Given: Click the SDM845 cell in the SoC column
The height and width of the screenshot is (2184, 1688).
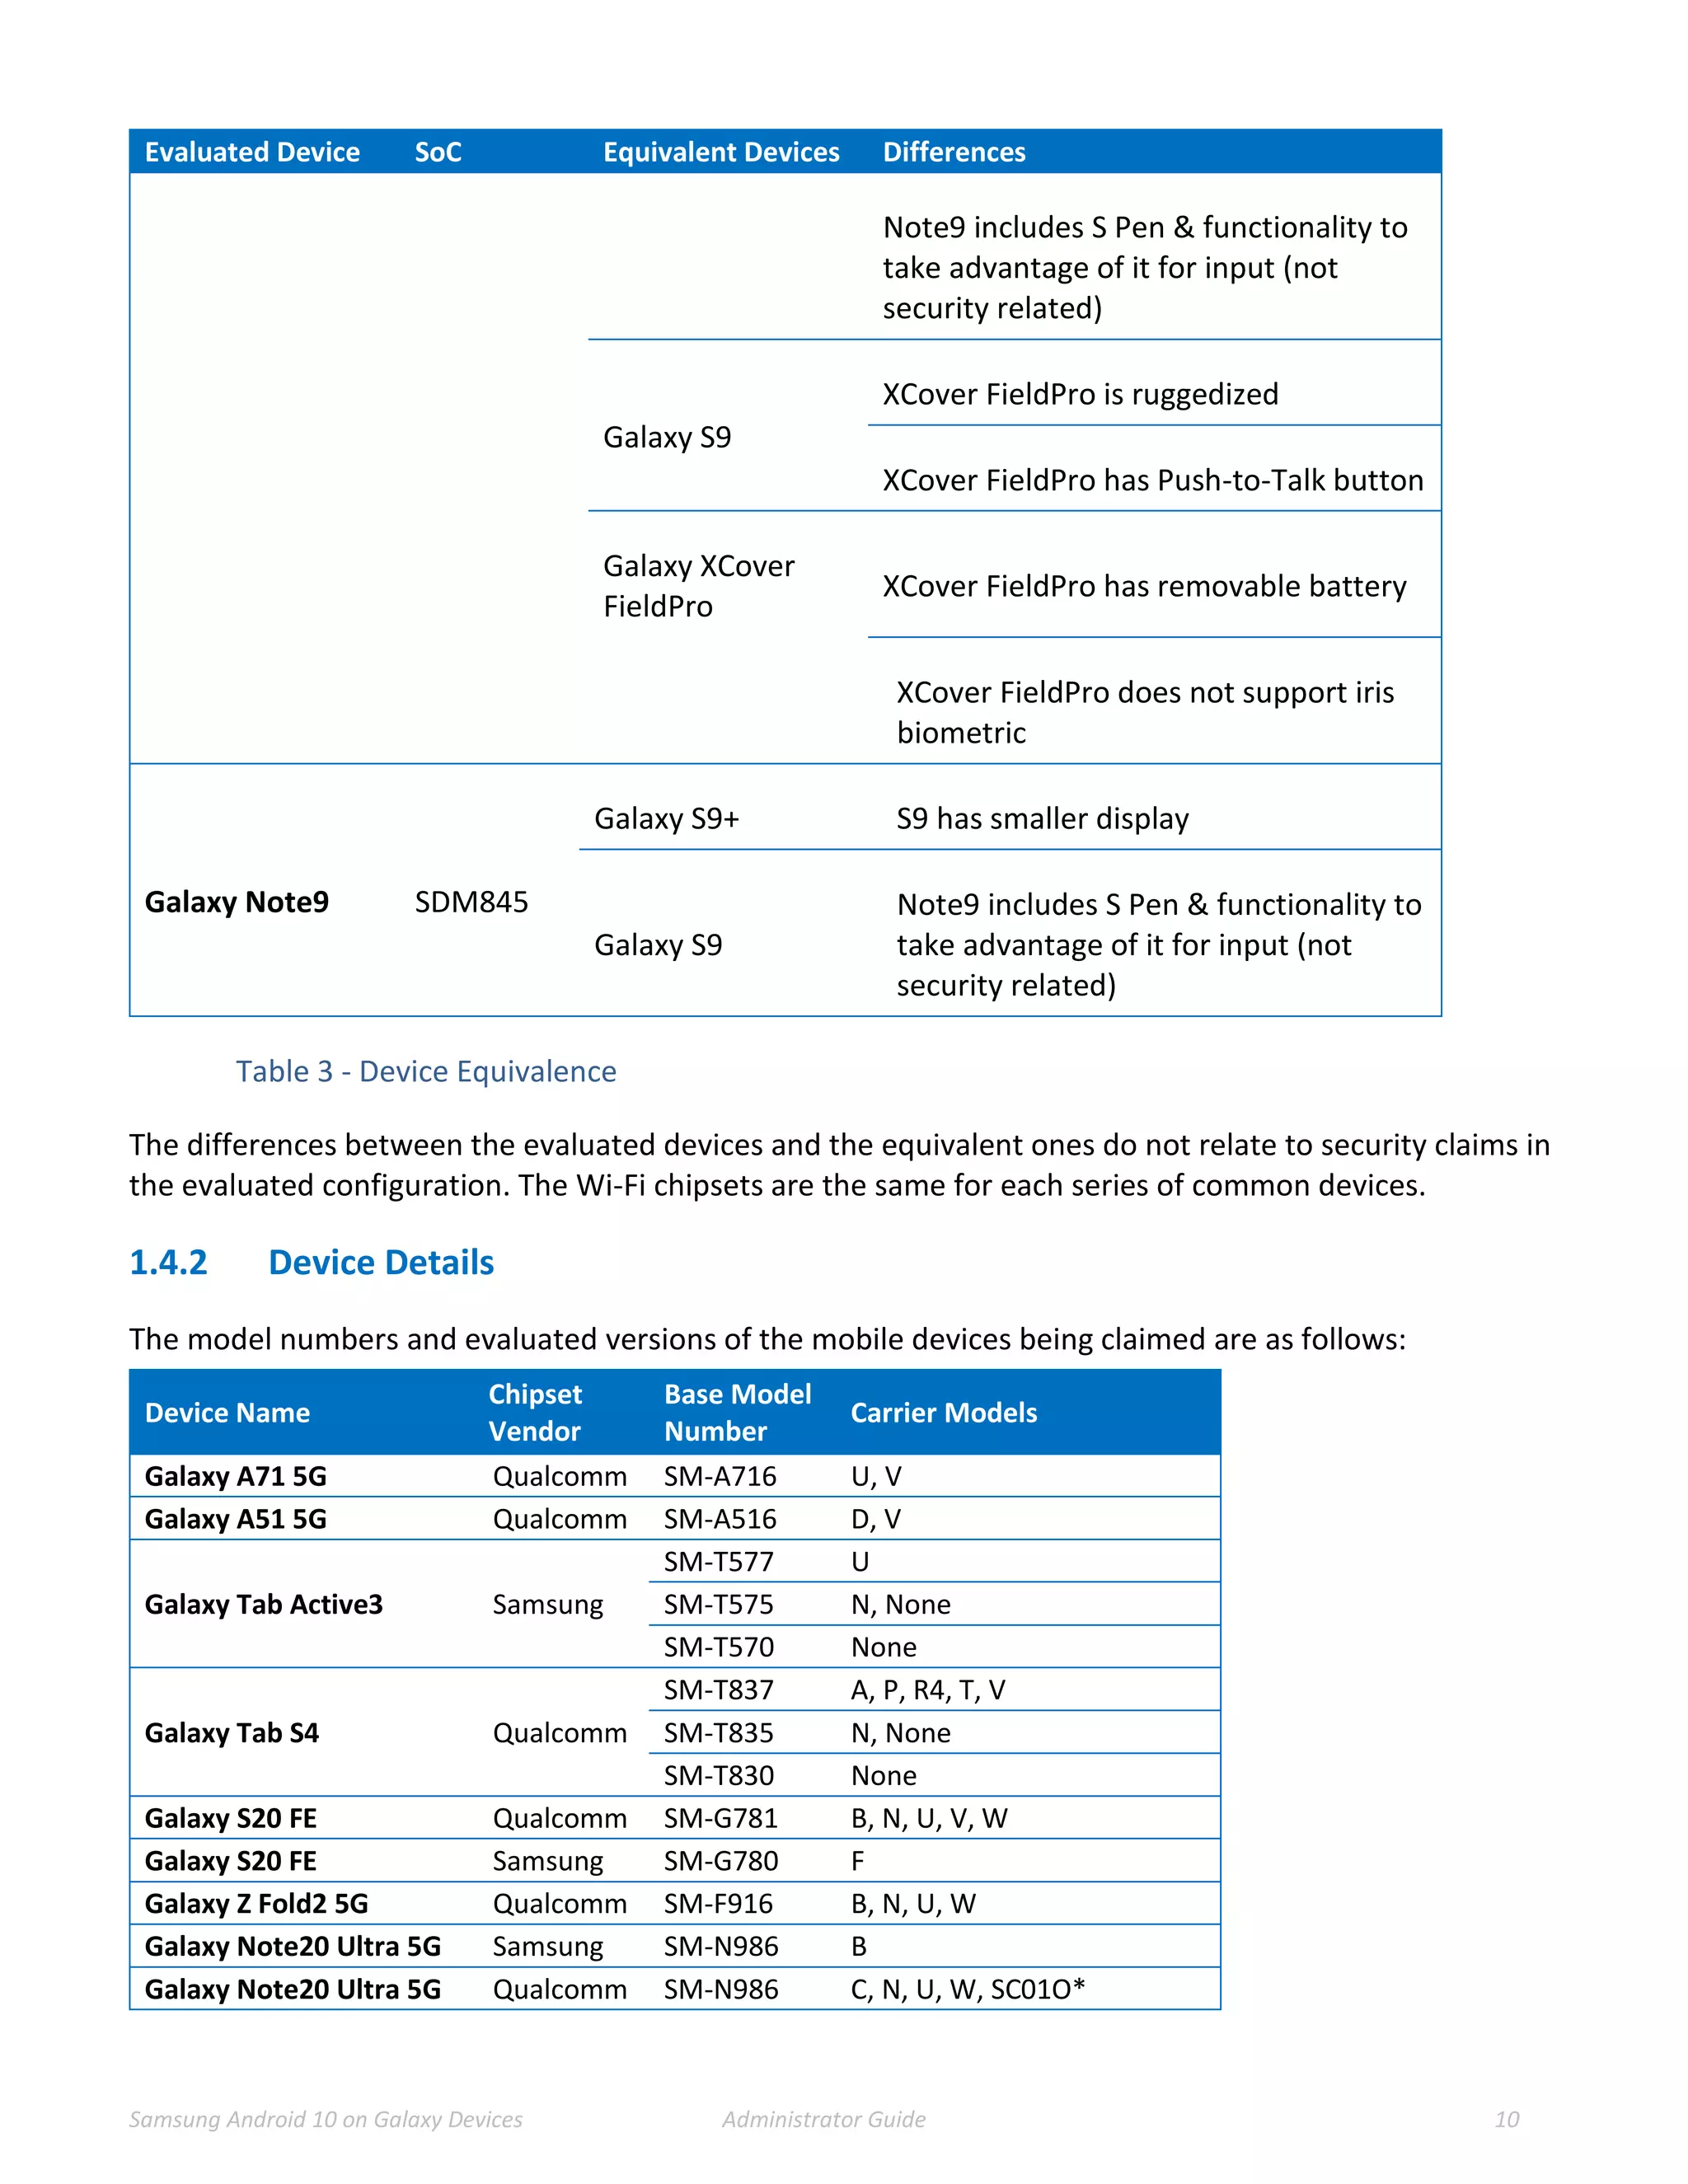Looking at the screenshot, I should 471,902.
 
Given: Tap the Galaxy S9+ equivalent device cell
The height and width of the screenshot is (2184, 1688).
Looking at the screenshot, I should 666,819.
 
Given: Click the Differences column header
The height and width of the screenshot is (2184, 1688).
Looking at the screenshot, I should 953,152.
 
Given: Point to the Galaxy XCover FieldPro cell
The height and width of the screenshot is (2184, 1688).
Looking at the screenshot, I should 698,586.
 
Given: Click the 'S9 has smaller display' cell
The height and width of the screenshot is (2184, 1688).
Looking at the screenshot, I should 1042,819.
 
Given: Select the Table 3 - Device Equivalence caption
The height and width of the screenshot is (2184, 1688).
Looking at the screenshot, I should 426,1071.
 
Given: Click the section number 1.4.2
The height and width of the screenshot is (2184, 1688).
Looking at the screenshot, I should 168,1262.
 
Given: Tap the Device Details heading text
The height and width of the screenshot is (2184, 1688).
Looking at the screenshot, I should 381,1262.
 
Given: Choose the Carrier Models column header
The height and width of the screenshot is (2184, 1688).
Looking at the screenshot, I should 943,1412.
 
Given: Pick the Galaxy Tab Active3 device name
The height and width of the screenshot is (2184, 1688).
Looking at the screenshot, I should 263,1604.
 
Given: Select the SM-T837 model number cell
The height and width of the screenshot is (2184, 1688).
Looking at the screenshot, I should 718,1690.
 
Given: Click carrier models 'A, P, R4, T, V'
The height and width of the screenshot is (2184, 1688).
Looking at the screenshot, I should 927,1690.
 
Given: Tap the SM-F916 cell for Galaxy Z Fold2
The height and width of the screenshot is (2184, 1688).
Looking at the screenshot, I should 718,1903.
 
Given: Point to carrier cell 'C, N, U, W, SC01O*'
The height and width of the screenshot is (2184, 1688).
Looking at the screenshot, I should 967,1989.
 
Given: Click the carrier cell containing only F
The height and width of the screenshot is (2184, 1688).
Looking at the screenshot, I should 857,1861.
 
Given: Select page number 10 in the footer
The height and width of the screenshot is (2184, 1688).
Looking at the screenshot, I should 1506,2119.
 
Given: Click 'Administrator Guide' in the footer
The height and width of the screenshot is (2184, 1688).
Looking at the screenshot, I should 823,2119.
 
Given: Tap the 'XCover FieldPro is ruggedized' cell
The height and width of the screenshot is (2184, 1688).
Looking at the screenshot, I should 1079,394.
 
